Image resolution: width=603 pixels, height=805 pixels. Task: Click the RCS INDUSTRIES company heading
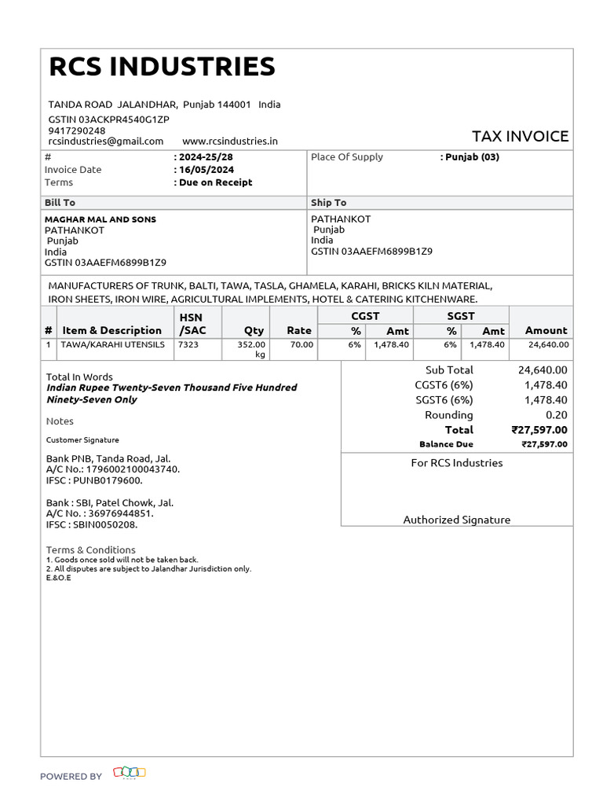162,68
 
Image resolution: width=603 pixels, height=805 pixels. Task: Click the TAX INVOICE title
520,136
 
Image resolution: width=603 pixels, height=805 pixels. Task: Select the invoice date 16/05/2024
206,170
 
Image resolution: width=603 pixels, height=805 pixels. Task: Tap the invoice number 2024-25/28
206,157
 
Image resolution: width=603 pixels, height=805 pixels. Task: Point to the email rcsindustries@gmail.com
106,142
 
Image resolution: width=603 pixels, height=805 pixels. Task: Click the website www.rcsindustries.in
230,142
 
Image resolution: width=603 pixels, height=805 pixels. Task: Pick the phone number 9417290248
77,130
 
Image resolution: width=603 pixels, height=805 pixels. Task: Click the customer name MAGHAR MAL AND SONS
100,219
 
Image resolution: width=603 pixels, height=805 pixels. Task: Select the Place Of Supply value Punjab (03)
472,157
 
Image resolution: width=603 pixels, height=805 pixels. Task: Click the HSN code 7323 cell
188,344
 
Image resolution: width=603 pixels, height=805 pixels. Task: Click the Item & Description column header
111,331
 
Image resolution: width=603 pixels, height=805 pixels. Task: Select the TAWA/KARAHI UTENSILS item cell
113,344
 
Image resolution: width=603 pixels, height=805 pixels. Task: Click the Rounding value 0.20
557,415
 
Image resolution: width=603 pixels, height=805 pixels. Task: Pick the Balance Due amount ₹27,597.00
544,444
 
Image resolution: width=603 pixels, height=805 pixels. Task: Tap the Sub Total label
449,370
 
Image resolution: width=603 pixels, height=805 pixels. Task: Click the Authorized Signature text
457,520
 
